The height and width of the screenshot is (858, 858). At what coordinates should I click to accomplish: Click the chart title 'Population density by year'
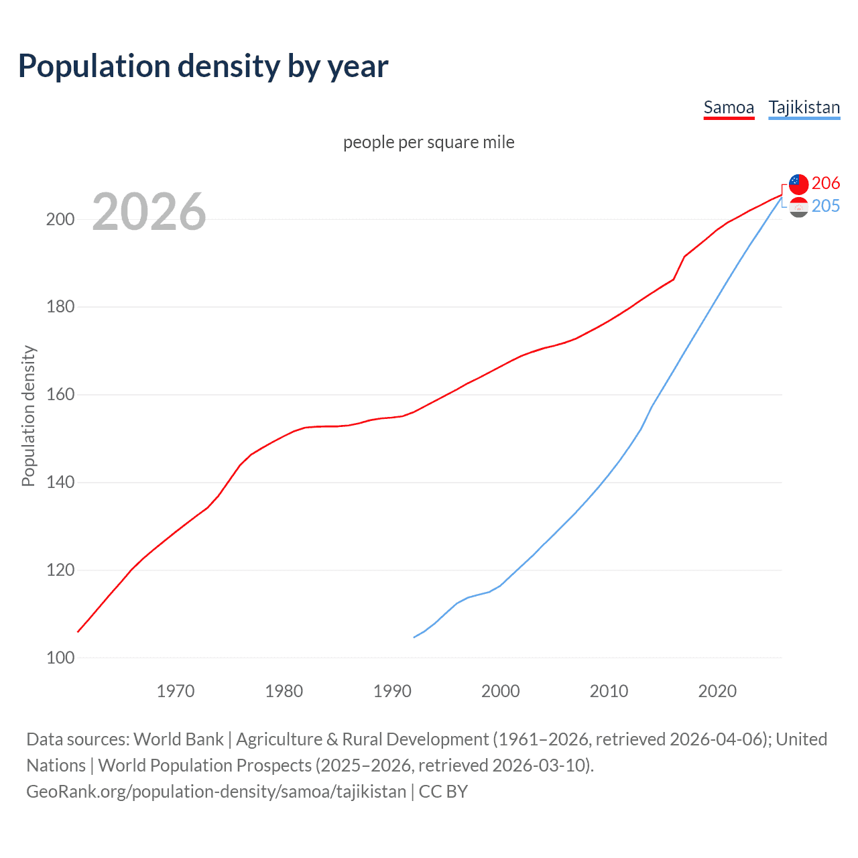(203, 66)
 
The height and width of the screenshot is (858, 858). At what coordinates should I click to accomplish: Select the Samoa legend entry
(729, 107)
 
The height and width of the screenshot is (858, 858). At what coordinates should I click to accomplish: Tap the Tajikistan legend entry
(804, 107)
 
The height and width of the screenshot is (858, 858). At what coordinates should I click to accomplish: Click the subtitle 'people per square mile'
(428, 142)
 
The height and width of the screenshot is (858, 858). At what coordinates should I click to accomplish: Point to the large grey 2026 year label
(149, 212)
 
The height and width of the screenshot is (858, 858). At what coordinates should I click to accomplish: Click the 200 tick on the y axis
(60, 219)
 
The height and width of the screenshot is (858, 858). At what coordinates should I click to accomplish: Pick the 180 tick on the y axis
(60, 307)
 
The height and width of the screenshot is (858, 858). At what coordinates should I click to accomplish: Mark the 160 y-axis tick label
(60, 395)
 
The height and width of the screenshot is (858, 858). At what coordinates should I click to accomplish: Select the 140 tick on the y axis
(60, 483)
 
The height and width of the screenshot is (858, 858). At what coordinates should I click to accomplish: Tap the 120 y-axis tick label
(60, 570)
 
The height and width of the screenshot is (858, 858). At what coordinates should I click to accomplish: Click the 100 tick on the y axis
(60, 658)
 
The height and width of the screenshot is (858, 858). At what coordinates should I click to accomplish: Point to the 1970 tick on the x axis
(176, 691)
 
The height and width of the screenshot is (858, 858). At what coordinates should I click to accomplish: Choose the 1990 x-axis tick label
(392, 691)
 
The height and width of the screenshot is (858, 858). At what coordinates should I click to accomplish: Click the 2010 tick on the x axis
(609, 691)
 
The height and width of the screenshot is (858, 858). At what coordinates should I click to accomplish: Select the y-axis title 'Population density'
(28, 416)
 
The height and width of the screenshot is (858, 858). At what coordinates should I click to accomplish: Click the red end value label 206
(826, 183)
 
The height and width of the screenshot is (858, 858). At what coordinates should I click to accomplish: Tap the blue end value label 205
(826, 206)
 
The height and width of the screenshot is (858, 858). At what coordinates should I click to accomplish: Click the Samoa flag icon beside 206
(798, 184)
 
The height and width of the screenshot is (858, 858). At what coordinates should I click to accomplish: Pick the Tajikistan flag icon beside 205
(798, 207)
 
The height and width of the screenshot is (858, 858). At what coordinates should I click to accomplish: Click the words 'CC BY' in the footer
(443, 792)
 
